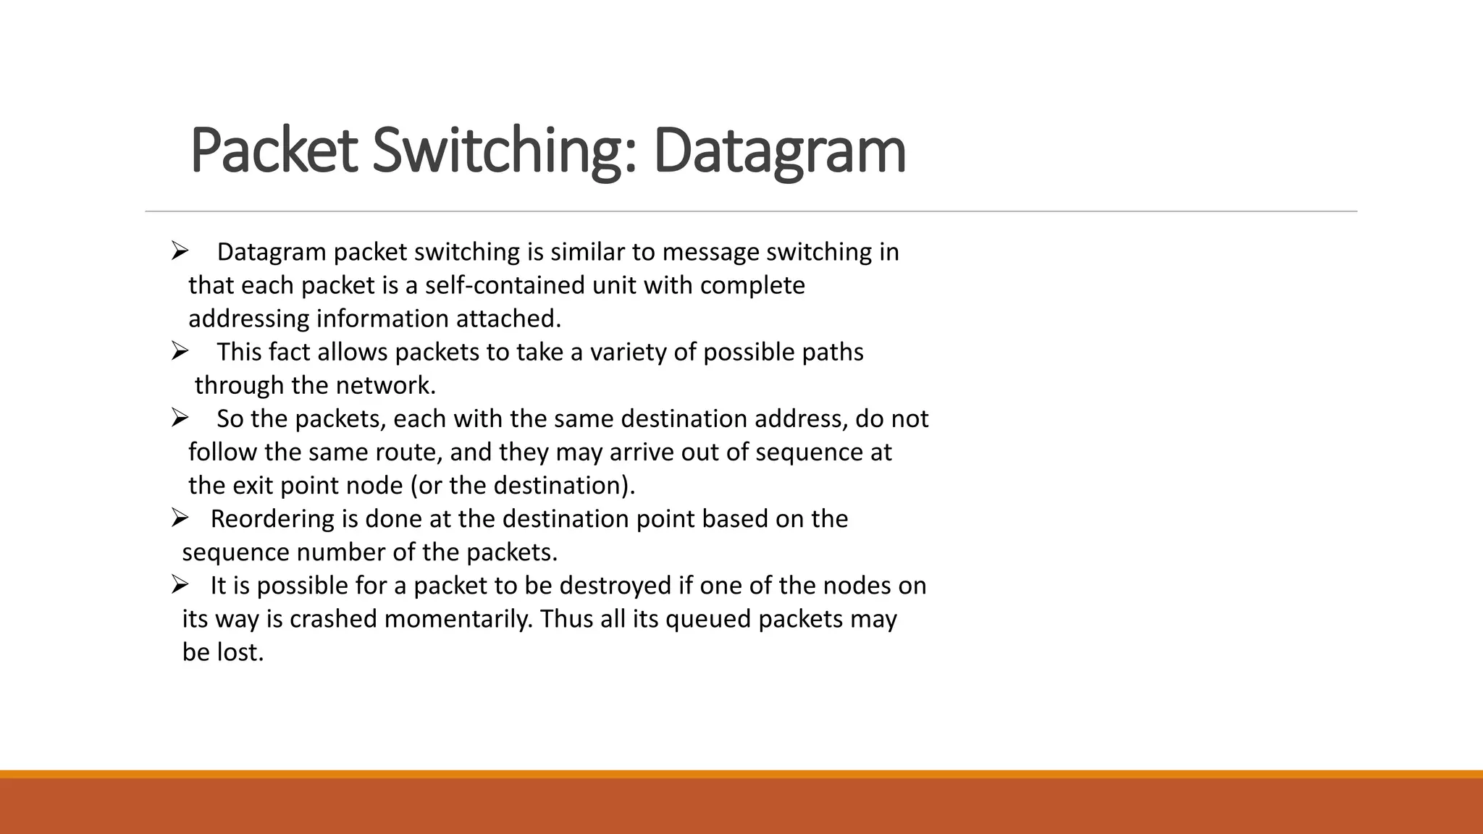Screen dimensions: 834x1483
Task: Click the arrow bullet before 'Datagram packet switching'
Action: (180, 251)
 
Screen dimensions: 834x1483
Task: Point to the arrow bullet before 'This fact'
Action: (180, 351)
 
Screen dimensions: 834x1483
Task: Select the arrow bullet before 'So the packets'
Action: (180, 418)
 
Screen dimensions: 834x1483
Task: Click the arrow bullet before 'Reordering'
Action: (180, 518)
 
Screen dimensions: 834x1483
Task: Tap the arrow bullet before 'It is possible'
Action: (180, 584)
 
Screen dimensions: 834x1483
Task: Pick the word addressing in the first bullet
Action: (249, 319)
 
